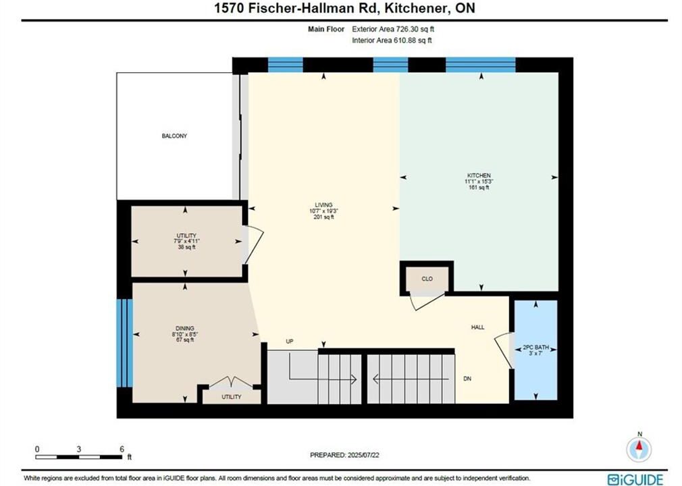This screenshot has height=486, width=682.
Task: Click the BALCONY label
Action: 174,136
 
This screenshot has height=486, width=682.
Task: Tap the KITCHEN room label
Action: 479,175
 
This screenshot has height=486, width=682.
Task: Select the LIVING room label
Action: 323,205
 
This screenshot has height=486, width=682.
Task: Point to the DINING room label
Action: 185,329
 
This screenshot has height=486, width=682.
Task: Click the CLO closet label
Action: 427,279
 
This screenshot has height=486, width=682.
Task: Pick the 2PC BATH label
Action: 536,348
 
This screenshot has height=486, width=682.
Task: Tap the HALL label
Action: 477,327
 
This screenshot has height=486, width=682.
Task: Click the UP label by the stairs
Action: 290,342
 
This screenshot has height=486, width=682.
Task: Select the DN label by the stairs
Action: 467,379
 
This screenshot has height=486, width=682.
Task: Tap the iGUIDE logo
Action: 635,479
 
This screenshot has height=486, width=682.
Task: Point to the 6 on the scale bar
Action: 122,449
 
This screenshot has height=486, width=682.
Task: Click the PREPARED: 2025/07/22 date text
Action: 344,455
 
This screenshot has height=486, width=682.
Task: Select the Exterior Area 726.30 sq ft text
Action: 393,29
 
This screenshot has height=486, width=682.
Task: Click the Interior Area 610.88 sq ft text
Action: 392,40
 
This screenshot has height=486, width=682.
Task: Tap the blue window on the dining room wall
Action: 124,342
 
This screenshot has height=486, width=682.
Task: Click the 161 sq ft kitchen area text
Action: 479,188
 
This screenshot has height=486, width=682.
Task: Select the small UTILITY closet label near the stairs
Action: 232,397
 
